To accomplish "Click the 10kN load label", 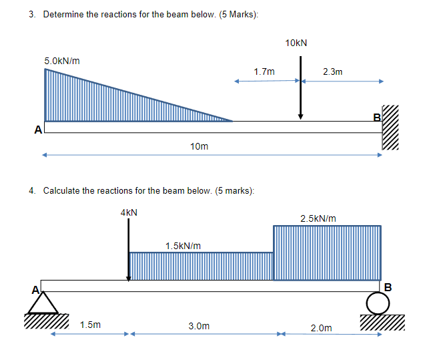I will (x=296, y=43).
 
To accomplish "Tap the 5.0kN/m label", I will (x=62, y=61).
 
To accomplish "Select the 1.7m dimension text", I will (x=264, y=71).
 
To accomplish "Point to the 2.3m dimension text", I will (x=332, y=71).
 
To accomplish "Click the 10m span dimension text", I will (x=199, y=146).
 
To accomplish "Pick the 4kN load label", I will (x=129, y=212).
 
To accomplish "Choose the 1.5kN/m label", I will (x=183, y=246).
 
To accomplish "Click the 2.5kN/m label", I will (x=318, y=218).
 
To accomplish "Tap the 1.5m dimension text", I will (x=90, y=325).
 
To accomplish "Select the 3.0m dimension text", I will (x=199, y=326).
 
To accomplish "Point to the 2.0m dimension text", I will (x=321, y=327).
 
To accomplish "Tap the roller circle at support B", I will (x=376, y=304).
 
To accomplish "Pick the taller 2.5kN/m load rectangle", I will (x=327, y=252).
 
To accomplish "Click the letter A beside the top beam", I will (x=39, y=128).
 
